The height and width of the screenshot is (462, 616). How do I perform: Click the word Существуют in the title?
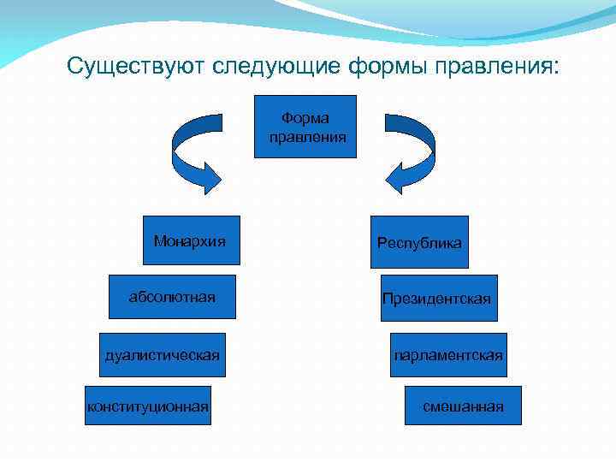tap(137, 67)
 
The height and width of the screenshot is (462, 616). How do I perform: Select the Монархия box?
tap(190, 242)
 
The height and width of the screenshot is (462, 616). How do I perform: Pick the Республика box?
tap(419, 242)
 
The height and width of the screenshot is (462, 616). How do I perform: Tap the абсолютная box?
tap(172, 297)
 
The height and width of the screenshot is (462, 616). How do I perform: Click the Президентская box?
tap(438, 298)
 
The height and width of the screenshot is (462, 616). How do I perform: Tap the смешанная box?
tap(463, 406)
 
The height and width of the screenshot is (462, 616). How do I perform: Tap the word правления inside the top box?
tap(307, 136)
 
